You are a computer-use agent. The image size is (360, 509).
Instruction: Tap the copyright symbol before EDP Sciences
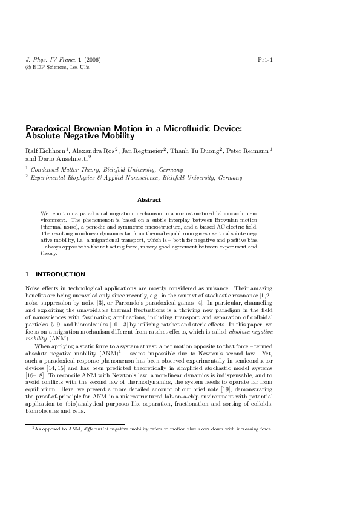(x=28, y=68)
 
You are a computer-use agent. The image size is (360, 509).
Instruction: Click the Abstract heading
(x=149, y=199)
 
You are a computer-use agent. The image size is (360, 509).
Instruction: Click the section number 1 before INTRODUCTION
(x=27, y=274)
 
